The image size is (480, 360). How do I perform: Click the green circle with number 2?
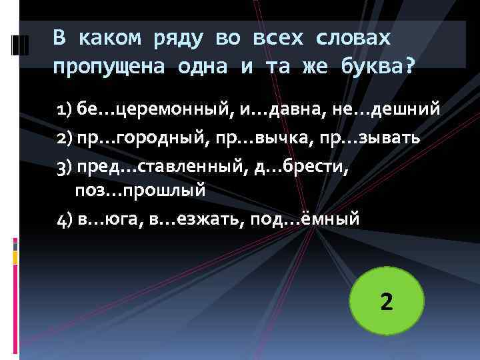[x=387, y=302]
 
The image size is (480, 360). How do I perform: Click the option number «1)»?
[x=65, y=109]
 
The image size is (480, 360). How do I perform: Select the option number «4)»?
[x=65, y=217]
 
